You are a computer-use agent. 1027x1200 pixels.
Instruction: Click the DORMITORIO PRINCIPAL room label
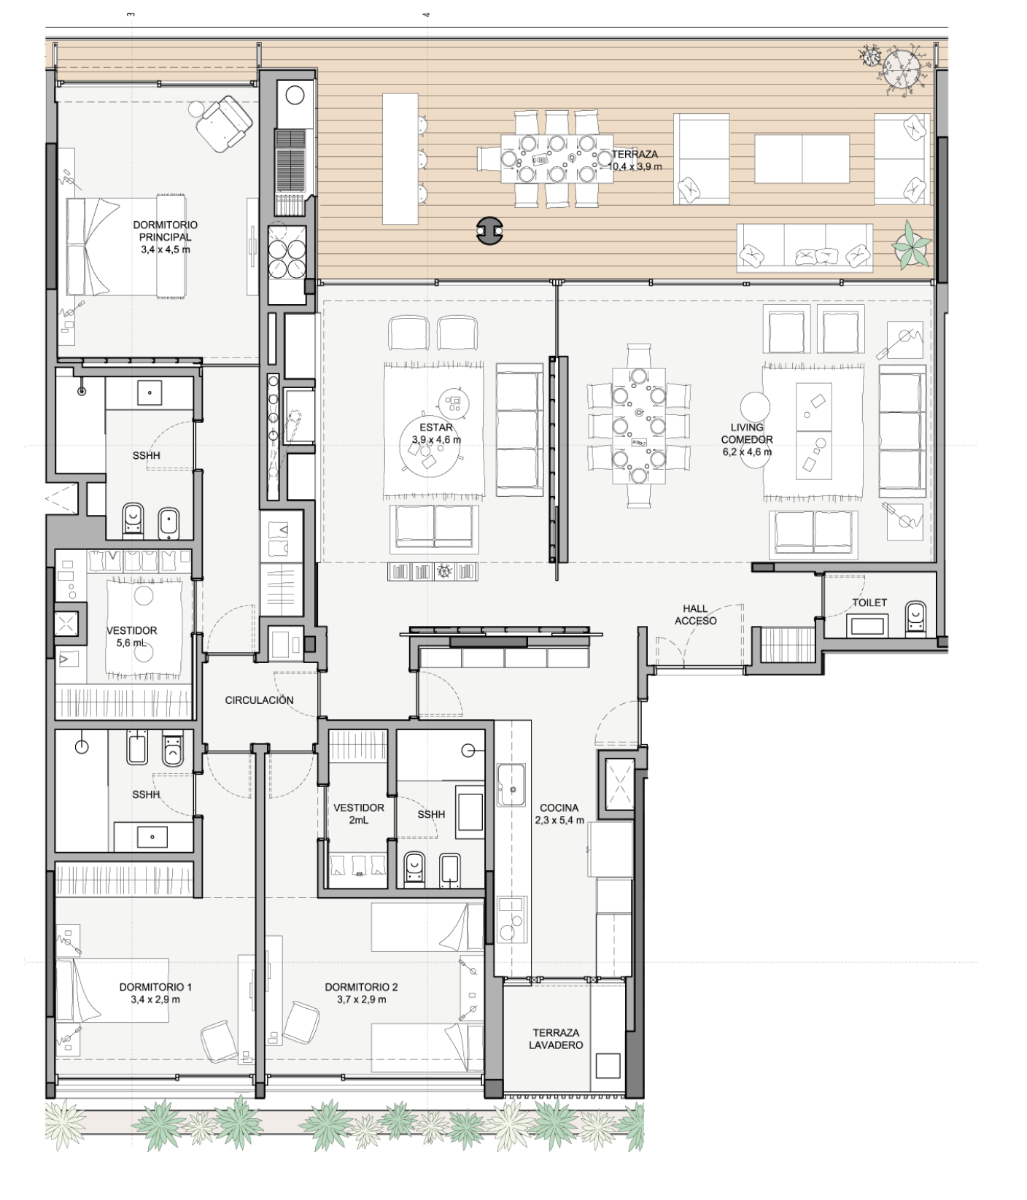coord(165,237)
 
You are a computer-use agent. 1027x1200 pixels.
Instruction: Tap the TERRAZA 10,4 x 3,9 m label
coord(635,160)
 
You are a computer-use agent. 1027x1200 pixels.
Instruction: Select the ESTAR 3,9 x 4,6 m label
coord(436,433)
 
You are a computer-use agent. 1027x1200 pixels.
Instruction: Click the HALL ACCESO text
coord(695,614)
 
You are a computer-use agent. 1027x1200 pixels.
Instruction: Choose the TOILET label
coord(869,603)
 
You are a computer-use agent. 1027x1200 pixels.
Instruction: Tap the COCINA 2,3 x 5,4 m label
coord(559,813)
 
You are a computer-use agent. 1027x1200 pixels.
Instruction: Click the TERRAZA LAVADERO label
coord(556,1039)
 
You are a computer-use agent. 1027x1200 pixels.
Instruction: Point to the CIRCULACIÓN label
coord(259,700)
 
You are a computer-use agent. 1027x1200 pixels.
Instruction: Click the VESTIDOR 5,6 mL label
coord(131,636)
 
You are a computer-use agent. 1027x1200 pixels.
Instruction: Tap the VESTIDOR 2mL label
coord(358,813)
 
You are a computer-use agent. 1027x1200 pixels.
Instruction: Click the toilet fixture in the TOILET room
coord(915,617)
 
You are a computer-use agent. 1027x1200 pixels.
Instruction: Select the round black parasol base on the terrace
coord(489,231)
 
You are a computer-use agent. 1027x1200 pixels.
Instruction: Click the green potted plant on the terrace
coord(912,244)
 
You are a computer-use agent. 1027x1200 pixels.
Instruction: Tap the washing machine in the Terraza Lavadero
coord(608,1065)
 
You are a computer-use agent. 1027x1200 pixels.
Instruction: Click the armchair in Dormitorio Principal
coord(224,125)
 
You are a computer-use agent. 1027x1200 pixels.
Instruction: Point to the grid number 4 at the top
coord(427,15)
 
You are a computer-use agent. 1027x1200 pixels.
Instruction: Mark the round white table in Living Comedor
coord(755,408)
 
